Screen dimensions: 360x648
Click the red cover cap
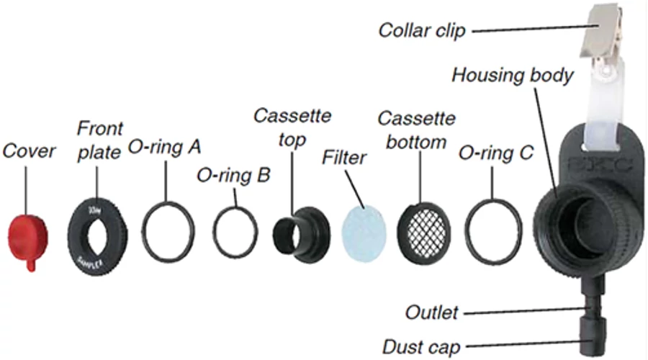click(x=27, y=240)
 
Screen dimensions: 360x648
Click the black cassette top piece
click(x=302, y=229)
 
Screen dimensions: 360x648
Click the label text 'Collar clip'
click(x=422, y=31)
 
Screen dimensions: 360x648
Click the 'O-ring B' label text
click(x=233, y=175)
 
